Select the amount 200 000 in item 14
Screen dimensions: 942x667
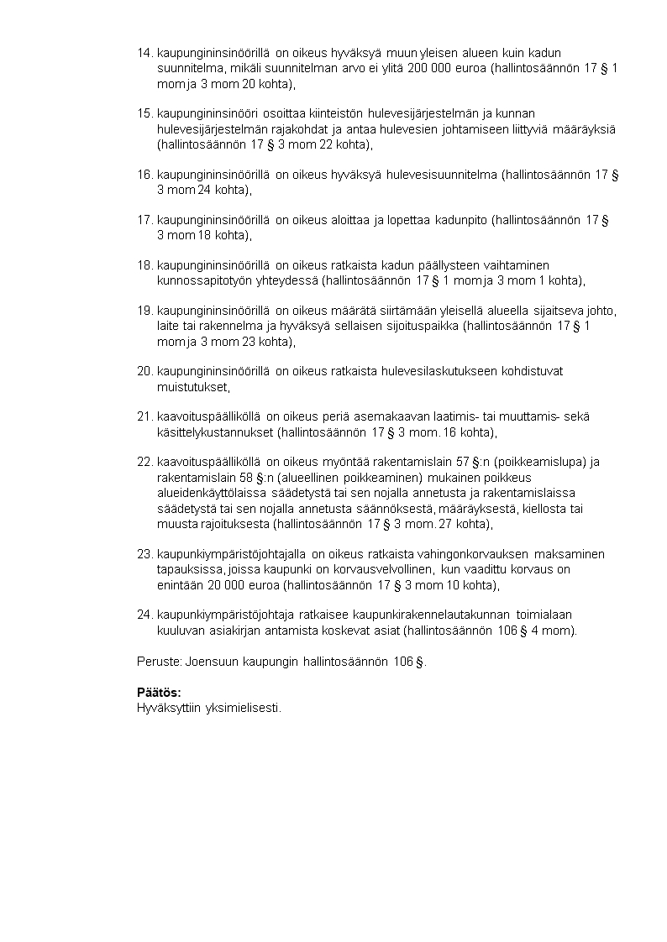[429, 69]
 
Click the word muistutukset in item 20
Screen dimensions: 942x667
[192, 387]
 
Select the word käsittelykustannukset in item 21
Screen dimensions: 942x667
[214, 433]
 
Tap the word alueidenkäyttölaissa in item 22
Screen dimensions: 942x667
[211, 493]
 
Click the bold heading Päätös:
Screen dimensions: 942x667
[159, 693]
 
